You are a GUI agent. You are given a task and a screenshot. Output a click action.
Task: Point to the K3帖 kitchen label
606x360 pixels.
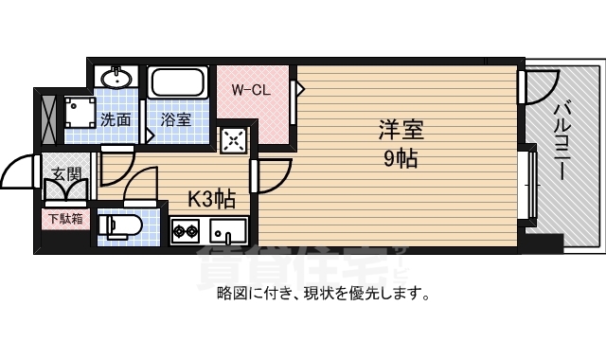click(x=210, y=199)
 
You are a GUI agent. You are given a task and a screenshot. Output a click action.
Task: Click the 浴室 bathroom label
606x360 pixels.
click(x=176, y=120)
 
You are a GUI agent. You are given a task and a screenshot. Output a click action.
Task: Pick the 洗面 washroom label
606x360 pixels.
click(x=116, y=120)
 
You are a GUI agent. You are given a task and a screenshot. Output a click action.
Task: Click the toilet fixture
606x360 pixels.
click(x=120, y=225)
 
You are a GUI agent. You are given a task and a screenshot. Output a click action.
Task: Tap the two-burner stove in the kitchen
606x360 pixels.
click(x=185, y=230)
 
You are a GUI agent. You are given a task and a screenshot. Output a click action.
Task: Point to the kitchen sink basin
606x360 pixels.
click(x=226, y=230)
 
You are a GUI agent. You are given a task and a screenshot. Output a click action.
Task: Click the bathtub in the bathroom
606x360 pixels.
click(x=178, y=86)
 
